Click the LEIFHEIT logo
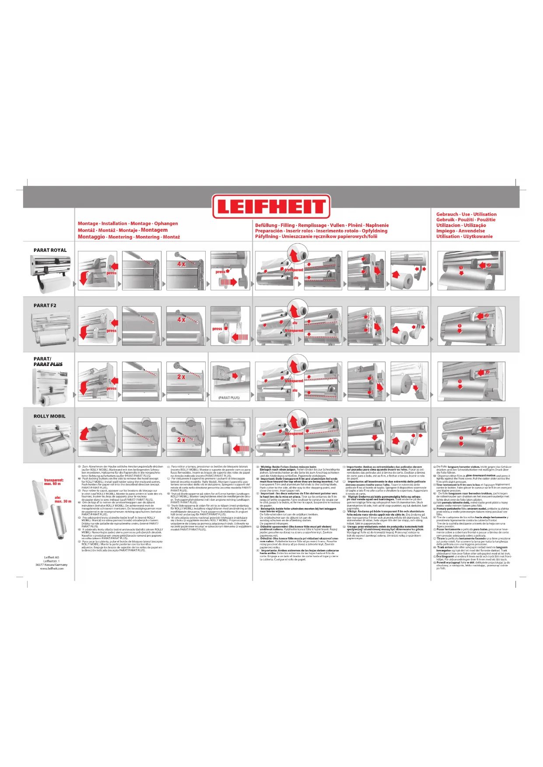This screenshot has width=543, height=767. click(x=271, y=206)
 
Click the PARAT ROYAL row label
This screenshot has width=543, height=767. click(x=50, y=250)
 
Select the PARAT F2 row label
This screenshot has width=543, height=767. click(x=45, y=306)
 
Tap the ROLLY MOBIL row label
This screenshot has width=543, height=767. click(x=49, y=416)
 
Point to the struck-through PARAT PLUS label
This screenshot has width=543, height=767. click(x=48, y=364)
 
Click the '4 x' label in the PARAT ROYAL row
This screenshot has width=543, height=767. click(x=181, y=264)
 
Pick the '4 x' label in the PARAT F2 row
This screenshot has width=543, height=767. click(x=181, y=320)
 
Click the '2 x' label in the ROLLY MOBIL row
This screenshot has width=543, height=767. click(x=181, y=440)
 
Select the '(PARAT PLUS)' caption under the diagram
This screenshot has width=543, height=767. click(x=229, y=398)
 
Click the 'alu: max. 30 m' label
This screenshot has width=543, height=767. click(x=63, y=499)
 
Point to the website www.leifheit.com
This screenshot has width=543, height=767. click(x=52, y=568)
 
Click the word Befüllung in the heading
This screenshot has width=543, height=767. click(x=266, y=225)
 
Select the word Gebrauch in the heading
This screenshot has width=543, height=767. click(x=447, y=214)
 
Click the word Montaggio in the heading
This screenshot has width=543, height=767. click(x=91, y=237)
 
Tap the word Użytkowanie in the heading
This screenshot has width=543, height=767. click(x=478, y=237)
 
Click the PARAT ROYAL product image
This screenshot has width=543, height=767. click(x=50, y=274)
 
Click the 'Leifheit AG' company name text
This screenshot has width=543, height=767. click(x=52, y=558)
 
